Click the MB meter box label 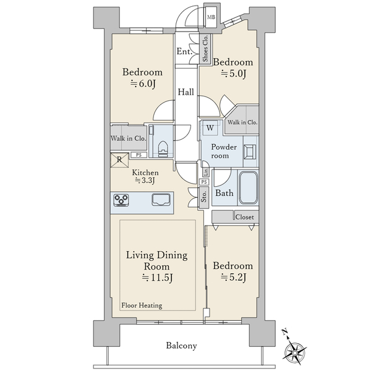pyautogui.click(x=211, y=17)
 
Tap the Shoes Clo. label pyautogui.click(x=205, y=48)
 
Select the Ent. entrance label pyautogui.click(x=184, y=51)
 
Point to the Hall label pyautogui.click(x=185, y=92)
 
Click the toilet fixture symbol pyautogui.click(x=163, y=149)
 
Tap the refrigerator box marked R pyautogui.click(x=120, y=160)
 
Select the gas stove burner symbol pyautogui.click(x=121, y=200)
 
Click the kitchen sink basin pyautogui.click(x=161, y=200)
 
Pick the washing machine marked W pyautogui.click(x=210, y=128)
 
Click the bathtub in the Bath pyautogui.click(x=248, y=188)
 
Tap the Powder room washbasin pyautogui.click(x=250, y=151)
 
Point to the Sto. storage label pyautogui.click(x=203, y=197)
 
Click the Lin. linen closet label pyautogui.click(x=206, y=172)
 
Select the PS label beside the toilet pyautogui.click(x=139, y=155)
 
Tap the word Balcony pyautogui.click(x=181, y=346)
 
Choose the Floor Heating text pyautogui.click(x=142, y=305)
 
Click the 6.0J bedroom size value pyautogui.click(x=143, y=83)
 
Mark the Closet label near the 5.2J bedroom pyautogui.click(x=244, y=217)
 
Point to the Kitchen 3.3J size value pyautogui.click(x=145, y=181)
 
